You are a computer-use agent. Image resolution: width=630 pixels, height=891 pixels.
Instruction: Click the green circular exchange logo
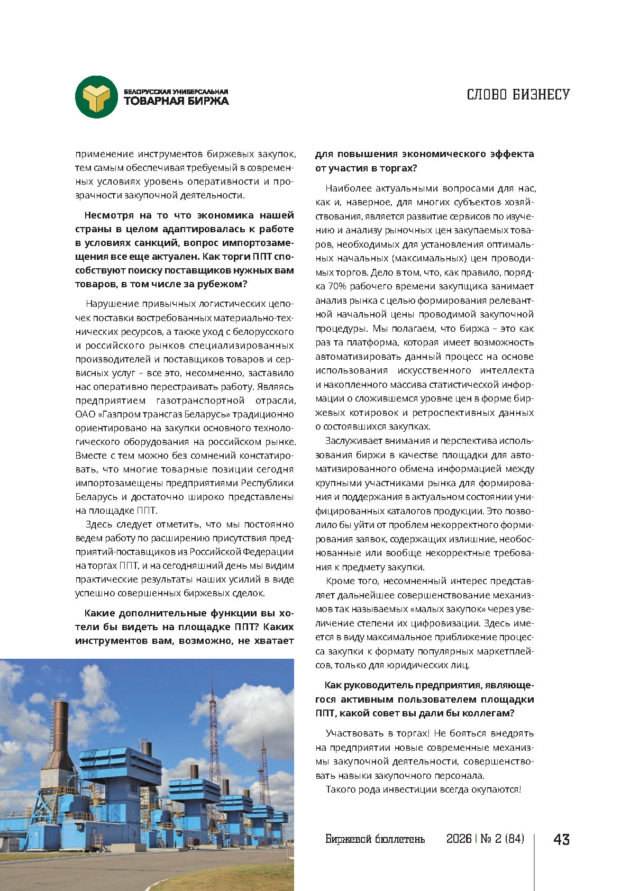pyautogui.click(x=96, y=97)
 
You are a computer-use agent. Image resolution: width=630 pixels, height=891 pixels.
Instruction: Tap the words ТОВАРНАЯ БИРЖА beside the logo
pyautogui.click(x=176, y=101)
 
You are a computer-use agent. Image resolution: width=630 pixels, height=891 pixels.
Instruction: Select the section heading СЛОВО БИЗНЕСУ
pyautogui.click(x=518, y=95)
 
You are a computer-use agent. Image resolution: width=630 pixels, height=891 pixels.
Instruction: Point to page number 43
pyautogui.click(x=561, y=839)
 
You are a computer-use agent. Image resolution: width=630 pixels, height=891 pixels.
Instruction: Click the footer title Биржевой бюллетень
pyautogui.click(x=375, y=839)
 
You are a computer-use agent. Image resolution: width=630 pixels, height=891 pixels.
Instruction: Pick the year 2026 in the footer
pyautogui.click(x=459, y=839)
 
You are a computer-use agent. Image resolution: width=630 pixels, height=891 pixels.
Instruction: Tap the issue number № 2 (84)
pyautogui.click(x=502, y=839)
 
